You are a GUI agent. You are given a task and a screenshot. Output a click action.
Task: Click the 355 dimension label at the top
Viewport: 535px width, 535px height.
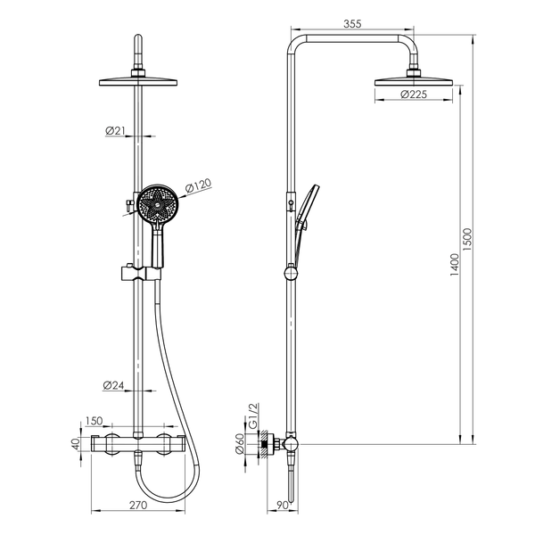[x=352, y=24]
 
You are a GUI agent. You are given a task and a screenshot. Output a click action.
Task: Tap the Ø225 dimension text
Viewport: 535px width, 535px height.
[x=414, y=94]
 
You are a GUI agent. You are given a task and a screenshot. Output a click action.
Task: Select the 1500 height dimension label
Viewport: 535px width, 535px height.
[x=467, y=240]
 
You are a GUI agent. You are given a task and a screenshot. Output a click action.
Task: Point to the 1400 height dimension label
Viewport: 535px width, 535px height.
[x=455, y=265]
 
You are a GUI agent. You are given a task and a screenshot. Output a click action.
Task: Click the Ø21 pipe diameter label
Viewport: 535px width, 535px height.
[x=115, y=130]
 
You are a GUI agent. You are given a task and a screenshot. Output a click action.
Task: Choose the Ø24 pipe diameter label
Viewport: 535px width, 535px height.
[x=113, y=385]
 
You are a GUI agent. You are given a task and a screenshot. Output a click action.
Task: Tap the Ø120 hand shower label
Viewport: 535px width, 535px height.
[x=198, y=185]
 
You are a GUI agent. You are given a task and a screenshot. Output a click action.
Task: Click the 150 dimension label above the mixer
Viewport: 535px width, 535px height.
[x=94, y=421]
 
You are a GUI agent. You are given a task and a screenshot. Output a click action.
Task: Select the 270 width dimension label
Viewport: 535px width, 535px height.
[x=138, y=505]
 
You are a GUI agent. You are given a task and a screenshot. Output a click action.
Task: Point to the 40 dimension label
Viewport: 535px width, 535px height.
[x=76, y=444]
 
